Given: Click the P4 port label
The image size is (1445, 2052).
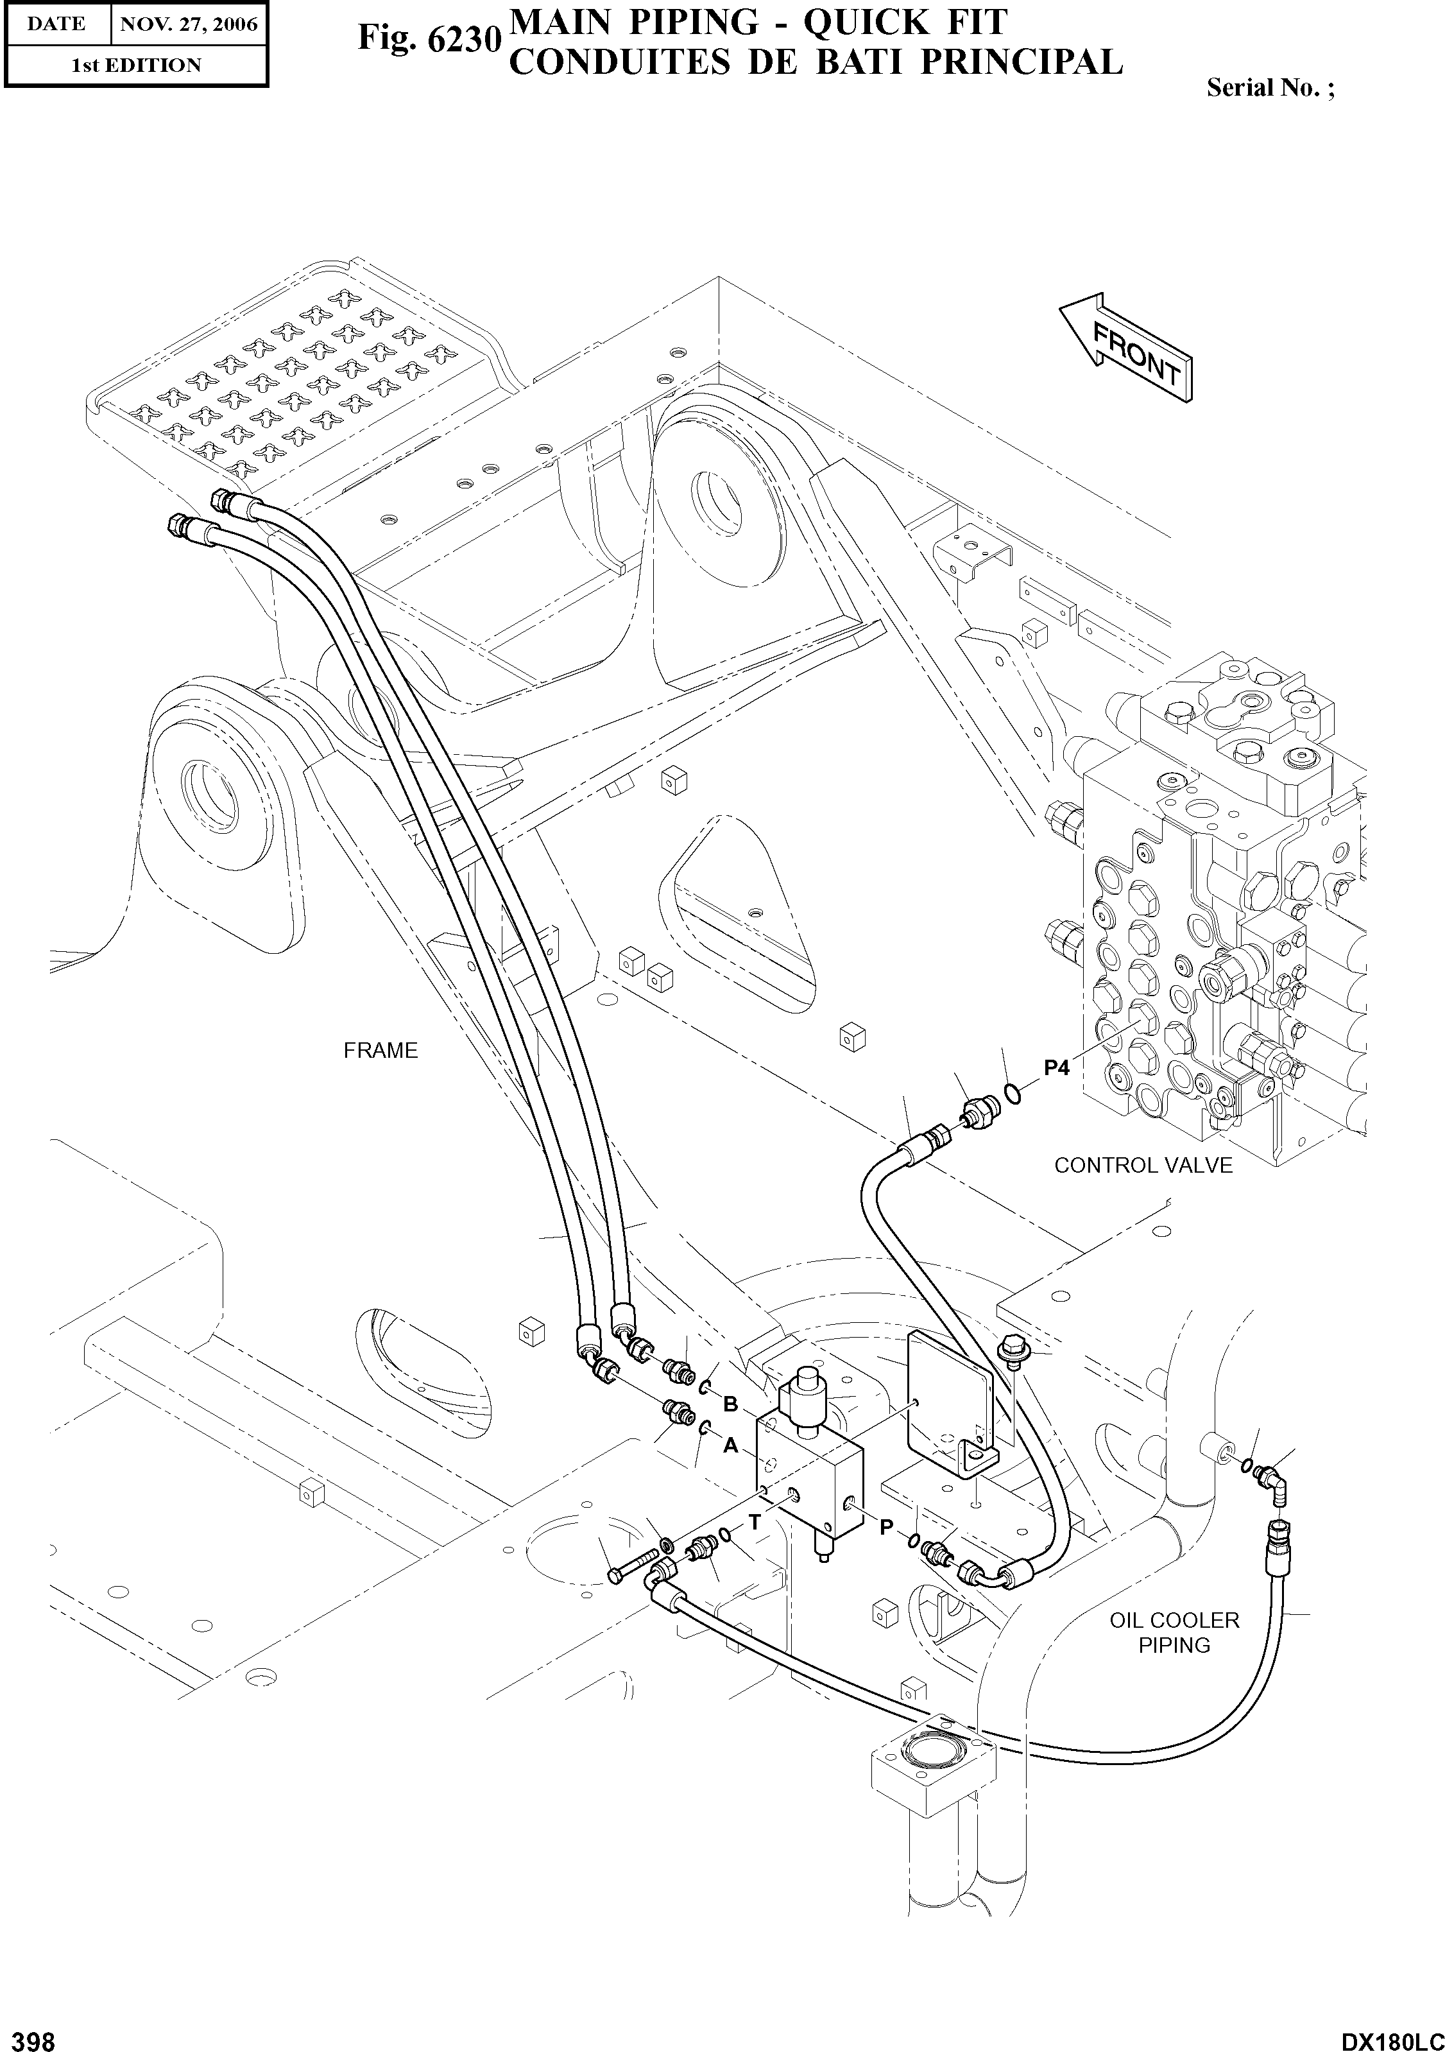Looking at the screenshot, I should tap(1056, 1067).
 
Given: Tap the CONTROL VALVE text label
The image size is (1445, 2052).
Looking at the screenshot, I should tap(1142, 1166).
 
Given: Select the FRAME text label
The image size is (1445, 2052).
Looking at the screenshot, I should tap(380, 1050).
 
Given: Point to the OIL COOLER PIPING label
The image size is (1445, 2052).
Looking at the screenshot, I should tap(1174, 1633).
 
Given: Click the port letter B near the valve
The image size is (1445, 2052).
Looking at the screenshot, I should tap(730, 1404).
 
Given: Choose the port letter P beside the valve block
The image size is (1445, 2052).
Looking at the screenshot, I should tap(885, 1528).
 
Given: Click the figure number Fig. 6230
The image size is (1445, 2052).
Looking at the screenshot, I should tap(428, 37).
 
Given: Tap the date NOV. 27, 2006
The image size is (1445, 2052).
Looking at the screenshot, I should tap(189, 24).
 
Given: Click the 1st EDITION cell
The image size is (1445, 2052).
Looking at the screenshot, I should tap(136, 65).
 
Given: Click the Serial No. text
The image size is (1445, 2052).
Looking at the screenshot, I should tap(1270, 87).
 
